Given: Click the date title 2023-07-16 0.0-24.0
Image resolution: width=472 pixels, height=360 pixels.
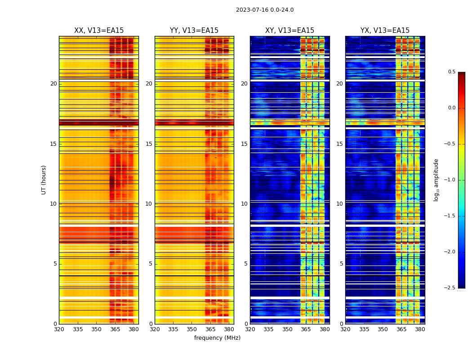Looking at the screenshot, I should pyautogui.click(x=265, y=10).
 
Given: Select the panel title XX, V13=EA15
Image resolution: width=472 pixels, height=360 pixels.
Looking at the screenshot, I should pyautogui.click(x=99, y=31).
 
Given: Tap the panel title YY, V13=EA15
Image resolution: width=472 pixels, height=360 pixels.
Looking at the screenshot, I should pyautogui.click(x=194, y=31).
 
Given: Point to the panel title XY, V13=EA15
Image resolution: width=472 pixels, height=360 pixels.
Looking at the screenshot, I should pyautogui.click(x=289, y=31).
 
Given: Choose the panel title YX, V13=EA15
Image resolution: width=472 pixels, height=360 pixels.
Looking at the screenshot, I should pyautogui.click(x=385, y=31).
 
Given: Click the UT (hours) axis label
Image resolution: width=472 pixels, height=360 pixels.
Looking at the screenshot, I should pyautogui.click(x=44, y=180).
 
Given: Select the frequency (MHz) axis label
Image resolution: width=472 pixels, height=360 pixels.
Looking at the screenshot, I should pyautogui.click(x=217, y=338).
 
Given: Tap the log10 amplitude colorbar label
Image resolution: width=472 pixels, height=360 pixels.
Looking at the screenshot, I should pyautogui.click(x=436, y=180).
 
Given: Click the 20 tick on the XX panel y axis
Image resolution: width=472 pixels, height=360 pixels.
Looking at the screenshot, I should pyautogui.click(x=53, y=84).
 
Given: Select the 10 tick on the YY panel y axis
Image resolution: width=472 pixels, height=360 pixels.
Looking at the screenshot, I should pyautogui.click(x=149, y=204).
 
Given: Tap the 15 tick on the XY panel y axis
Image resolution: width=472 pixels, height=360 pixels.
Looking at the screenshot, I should pyautogui.click(x=245, y=144).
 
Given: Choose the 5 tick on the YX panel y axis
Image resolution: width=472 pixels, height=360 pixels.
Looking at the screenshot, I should pyautogui.click(x=342, y=264).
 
